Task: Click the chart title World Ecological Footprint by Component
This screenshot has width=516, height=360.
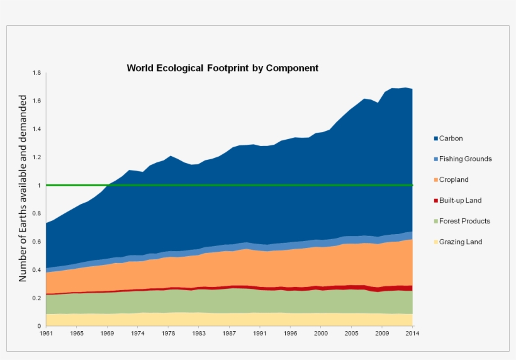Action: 223,68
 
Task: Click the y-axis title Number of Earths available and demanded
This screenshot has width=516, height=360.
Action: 23,188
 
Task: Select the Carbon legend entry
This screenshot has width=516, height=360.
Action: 451,138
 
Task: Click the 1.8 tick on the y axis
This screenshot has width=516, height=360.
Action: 36,74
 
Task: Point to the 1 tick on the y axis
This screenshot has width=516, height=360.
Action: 39,186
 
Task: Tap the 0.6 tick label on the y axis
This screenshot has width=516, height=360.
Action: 36,242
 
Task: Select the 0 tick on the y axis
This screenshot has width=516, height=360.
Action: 39,326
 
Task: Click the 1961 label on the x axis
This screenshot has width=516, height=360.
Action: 47,333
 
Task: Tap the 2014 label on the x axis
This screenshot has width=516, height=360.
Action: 412,333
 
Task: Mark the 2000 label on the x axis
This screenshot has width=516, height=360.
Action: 321,333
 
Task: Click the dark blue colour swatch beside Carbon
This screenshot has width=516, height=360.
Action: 435,138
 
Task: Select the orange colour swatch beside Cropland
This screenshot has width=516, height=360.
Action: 435,180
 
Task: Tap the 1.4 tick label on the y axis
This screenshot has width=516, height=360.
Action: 36,130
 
